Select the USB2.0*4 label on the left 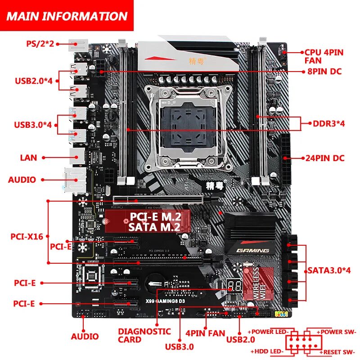[x=34, y=81]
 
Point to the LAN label [x=28, y=158]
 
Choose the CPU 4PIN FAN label [x=324, y=56]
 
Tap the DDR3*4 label [x=329, y=123]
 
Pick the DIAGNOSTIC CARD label [x=144, y=335]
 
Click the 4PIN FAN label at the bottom [x=205, y=333]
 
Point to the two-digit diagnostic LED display [x=235, y=285]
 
